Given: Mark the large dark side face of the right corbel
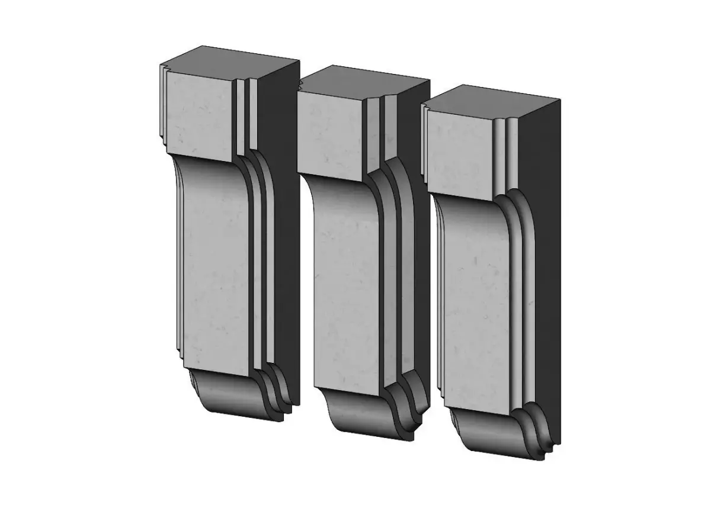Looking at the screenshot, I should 542,266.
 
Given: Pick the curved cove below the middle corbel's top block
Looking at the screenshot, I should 341,192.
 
